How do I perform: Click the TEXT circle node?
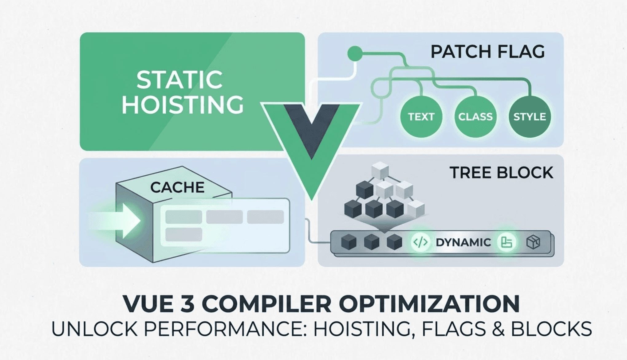421,117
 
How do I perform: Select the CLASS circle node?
475,117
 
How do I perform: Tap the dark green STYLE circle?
530,117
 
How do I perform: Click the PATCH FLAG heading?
487,52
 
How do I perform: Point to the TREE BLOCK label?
501,173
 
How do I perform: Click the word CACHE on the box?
177,187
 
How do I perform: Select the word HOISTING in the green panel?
183,104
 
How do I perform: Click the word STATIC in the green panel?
179,80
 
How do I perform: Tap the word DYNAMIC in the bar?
463,242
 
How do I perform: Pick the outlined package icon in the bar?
533,242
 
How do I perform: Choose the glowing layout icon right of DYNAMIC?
506,242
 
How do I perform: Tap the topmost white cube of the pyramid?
380,170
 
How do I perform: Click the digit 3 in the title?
186,304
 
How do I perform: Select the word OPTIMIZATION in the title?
429,304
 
